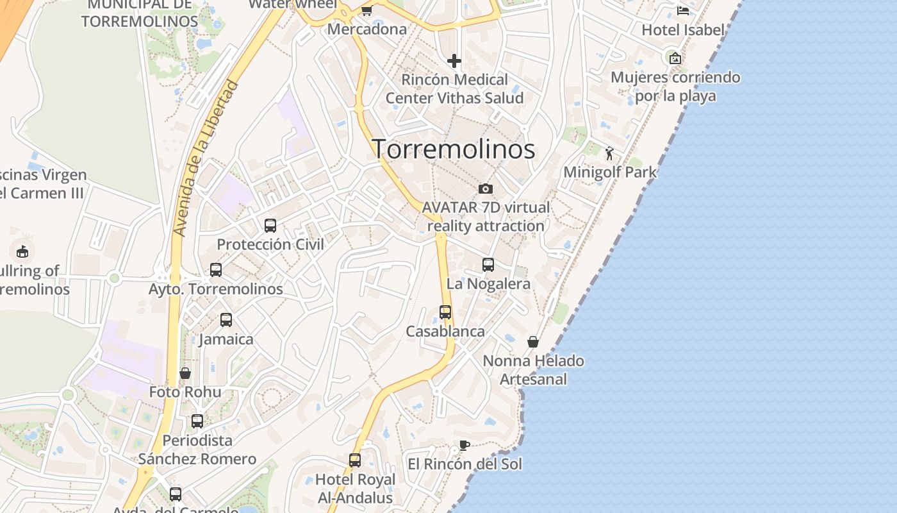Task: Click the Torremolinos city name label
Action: [454, 149]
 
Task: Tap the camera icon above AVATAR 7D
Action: [486, 189]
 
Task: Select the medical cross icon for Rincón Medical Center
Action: [454, 61]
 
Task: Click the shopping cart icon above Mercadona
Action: [366, 10]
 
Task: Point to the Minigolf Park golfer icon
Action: [609, 153]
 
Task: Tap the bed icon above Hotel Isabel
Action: [683, 11]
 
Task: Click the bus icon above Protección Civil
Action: [270, 226]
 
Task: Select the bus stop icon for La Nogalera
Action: [488, 265]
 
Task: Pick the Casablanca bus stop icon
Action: [445, 312]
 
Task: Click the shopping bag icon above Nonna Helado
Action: [533, 342]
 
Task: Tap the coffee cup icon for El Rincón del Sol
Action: [465, 445]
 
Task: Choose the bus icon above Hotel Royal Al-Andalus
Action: [355, 460]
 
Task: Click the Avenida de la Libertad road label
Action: [206, 157]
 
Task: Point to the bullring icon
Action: [22, 251]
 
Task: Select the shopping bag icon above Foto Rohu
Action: [185, 373]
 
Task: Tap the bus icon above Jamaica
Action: [226, 320]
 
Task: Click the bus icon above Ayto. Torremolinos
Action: [216, 270]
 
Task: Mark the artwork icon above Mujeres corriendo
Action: [675, 58]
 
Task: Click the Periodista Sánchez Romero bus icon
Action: [197, 421]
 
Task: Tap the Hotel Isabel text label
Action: [683, 30]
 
